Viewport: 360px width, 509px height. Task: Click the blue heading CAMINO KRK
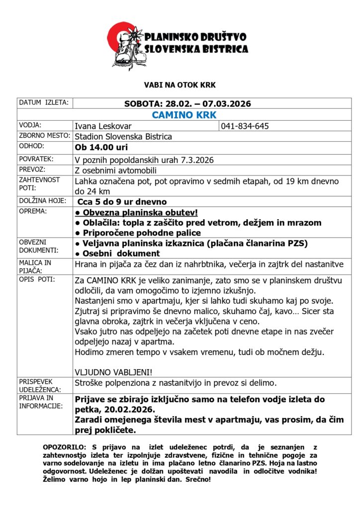tap(184, 115)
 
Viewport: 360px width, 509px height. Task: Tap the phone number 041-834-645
tap(245, 126)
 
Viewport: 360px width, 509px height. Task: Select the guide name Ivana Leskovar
tap(103, 126)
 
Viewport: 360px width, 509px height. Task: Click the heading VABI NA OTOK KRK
tap(180, 85)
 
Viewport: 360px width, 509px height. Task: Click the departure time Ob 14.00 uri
tap(101, 148)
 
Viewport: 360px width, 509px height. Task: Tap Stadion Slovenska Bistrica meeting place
tap(123, 137)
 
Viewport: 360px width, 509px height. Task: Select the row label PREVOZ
tap(31, 169)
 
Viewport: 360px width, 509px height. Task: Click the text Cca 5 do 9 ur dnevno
tap(122, 202)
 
